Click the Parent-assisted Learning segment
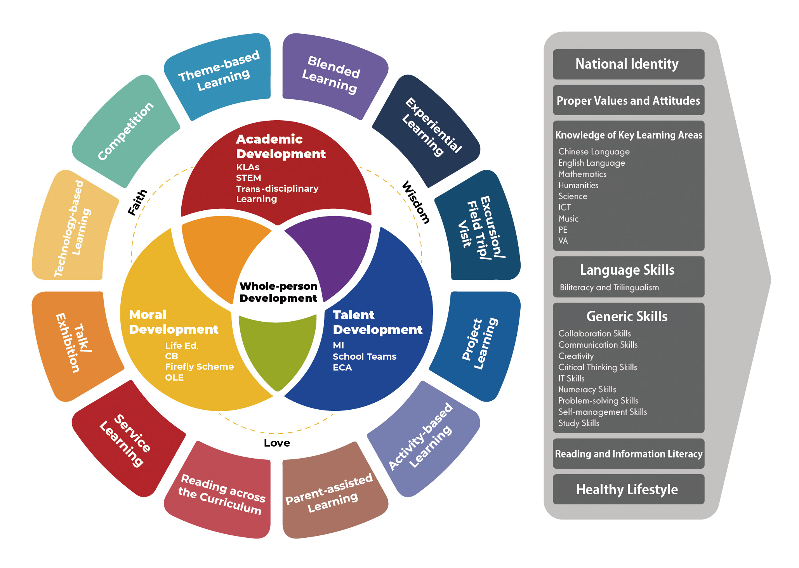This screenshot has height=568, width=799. [x=330, y=493]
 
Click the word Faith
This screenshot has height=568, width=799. [x=137, y=202]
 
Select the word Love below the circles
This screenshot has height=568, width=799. [x=277, y=443]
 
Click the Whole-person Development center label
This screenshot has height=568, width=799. [x=278, y=292]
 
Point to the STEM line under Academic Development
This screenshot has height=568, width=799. [x=248, y=178]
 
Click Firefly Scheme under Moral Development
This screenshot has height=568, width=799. [x=199, y=367]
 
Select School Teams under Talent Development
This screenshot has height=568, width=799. [x=365, y=357]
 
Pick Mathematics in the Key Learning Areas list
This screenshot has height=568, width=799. [x=582, y=174]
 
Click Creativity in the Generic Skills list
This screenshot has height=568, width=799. [x=576, y=356]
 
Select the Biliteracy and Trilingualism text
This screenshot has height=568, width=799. [x=609, y=287]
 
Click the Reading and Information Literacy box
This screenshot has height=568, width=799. [x=628, y=454]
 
